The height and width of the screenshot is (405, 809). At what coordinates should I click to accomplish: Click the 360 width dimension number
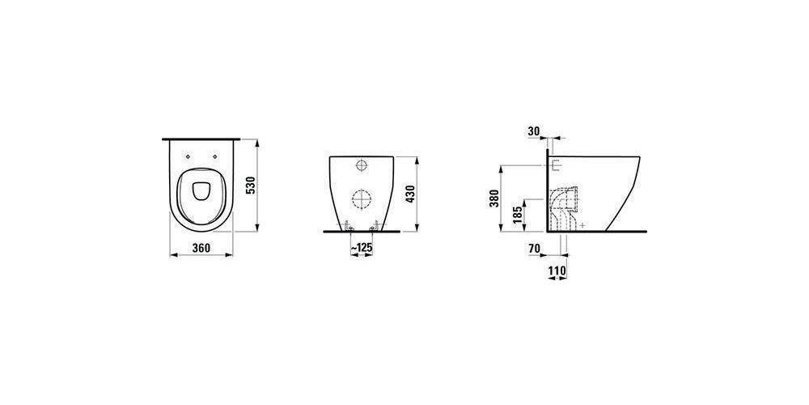coord(201,248)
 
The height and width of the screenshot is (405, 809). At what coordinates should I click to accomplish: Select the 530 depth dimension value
coord(250,185)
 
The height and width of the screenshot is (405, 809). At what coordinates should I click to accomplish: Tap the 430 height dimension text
coord(411,194)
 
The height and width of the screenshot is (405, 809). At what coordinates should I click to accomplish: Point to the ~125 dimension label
coord(361,248)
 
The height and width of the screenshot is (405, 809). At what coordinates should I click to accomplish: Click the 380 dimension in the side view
coord(493,198)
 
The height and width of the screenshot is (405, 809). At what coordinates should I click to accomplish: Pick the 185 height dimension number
coord(518,215)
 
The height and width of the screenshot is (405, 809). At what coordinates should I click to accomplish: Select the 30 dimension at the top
coord(533,131)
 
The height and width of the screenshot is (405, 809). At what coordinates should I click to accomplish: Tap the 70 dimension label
coord(534,249)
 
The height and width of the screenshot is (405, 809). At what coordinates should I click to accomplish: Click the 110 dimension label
coord(557,271)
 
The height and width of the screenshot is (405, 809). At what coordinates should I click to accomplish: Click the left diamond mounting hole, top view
coord(188,156)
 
